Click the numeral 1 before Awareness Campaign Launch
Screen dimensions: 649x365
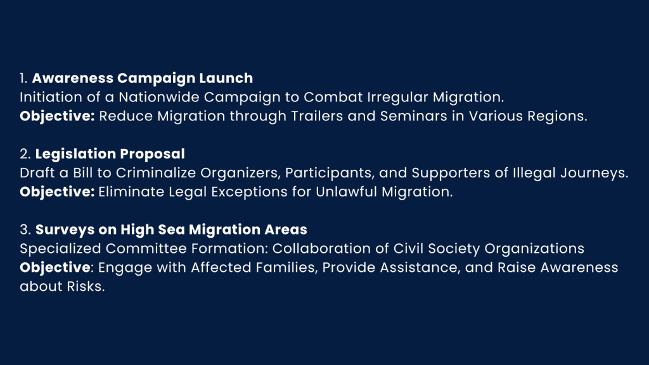pyautogui.click(x=23, y=78)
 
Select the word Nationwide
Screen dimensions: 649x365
pyautogui.click(x=159, y=97)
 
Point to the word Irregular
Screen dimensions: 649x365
pyautogui.click(x=398, y=97)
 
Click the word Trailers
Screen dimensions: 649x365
pyautogui.click(x=317, y=117)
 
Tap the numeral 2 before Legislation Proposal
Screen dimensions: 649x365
pyautogui.click(x=24, y=154)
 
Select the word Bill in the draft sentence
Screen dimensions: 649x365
pyautogui.click(x=83, y=173)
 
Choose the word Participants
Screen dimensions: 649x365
pyautogui.click(x=329, y=173)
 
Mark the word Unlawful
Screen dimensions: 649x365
pyautogui.click(x=346, y=192)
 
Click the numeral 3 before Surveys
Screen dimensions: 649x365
pyautogui.click(x=24, y=229)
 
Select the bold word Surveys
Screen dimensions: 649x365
pyautogui.click(x=65, y=230)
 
